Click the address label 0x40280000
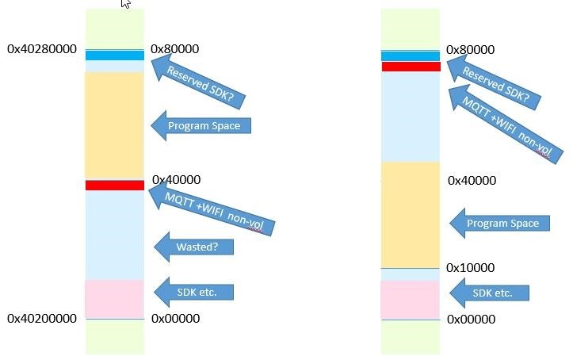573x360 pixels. tap(42, 49)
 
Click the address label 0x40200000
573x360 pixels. tap(42, 319)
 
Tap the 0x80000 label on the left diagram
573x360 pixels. tap(174, 49)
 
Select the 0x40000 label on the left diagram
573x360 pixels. tap(175, 180)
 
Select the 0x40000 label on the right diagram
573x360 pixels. tap(472, 181)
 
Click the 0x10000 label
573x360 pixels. tap(470, 268)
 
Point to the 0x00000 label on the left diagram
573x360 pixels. tap(175, 319)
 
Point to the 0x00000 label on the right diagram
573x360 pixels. tap(471, 319)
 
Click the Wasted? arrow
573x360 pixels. tap(194, 247)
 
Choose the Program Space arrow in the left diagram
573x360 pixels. tap(201, 125)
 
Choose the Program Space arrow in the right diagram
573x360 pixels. tap(499, 223)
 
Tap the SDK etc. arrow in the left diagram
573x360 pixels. tap(196, 293)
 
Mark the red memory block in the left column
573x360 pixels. tap(115, 185)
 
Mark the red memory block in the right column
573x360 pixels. tap(411, 67)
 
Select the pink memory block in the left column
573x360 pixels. tap(115, 298)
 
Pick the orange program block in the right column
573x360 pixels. tap(411, 215)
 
